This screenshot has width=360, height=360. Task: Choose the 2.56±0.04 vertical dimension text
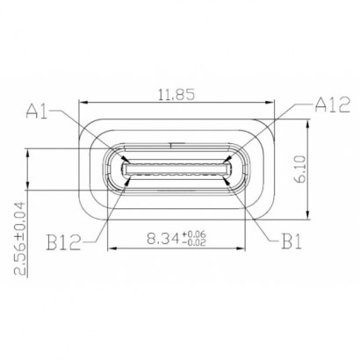pos(21,237)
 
